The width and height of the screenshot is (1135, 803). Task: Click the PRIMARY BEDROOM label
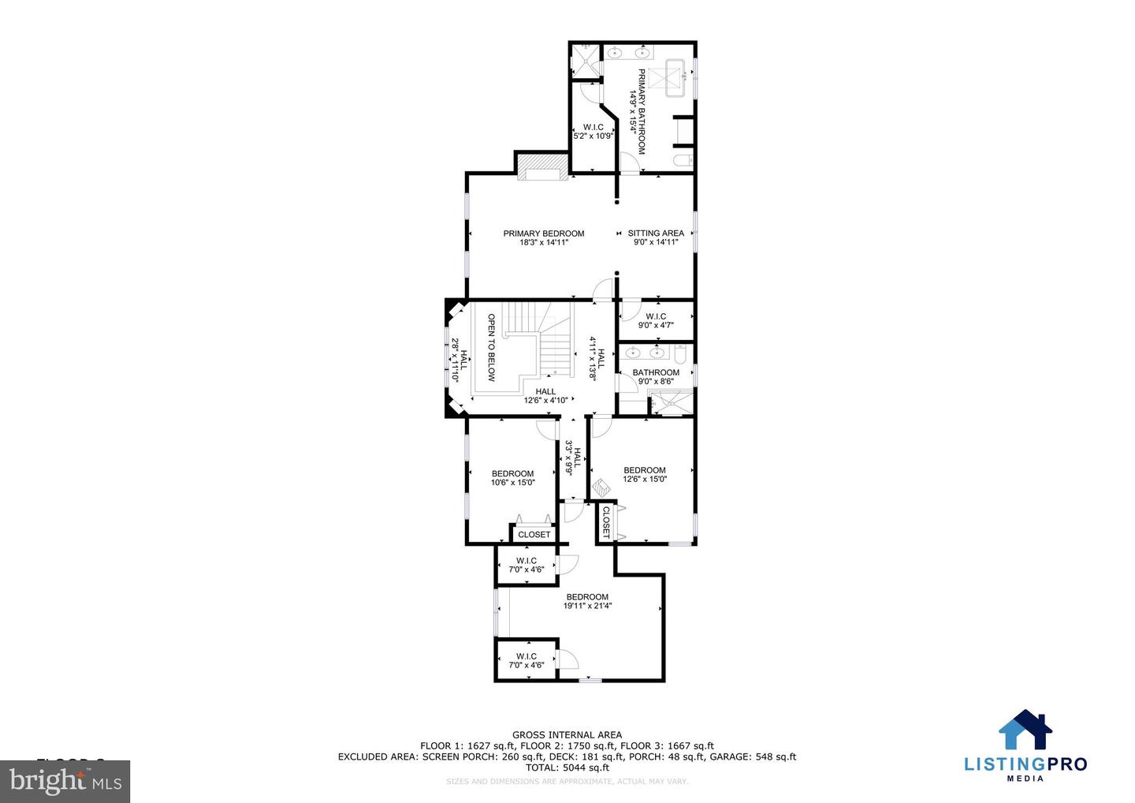click(x=544, y=233)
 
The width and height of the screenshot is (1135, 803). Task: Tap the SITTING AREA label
click(x=656, y=233)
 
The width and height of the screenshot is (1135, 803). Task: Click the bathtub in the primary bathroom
click(x=675, y=77)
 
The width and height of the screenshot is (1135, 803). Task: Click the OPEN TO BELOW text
click(x=491, y=348)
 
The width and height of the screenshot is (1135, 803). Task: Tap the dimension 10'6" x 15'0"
click(x=513, y=483)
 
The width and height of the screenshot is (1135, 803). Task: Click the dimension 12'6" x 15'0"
click(x=645, y=479)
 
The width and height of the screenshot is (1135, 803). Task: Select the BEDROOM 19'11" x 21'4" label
click(x=587, y=601)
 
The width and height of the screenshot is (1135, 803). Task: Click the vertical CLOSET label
click(x=606, y=522)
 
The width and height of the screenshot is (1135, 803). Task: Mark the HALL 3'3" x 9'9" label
click(x=574, y=459)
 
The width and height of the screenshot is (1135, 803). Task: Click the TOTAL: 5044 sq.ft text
click(x=567, y=768)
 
